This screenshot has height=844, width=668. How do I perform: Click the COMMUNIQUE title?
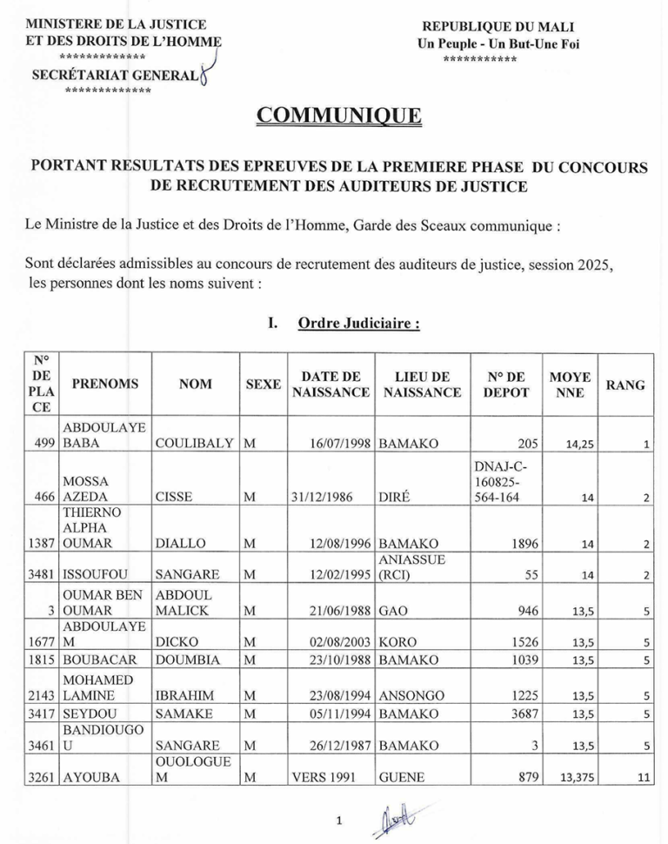coord(340,116)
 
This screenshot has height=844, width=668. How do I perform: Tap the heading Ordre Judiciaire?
coord(359,324)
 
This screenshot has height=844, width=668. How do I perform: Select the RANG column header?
coord(625,385)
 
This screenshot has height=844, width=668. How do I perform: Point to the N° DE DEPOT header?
coord(505,384)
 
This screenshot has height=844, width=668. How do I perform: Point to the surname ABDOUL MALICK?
coord(184,602)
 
